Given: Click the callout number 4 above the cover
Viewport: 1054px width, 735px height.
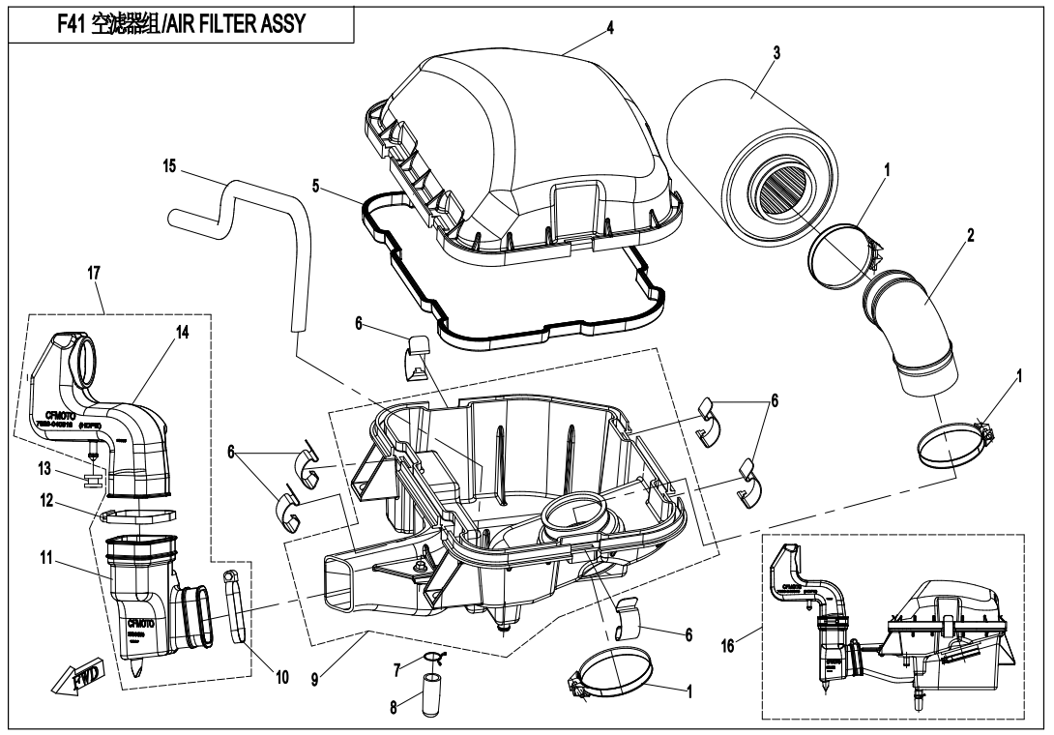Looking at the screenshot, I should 611,26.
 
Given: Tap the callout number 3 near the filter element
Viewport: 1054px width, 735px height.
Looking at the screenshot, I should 776,54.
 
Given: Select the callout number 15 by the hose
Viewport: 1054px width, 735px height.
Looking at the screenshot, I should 170,166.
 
